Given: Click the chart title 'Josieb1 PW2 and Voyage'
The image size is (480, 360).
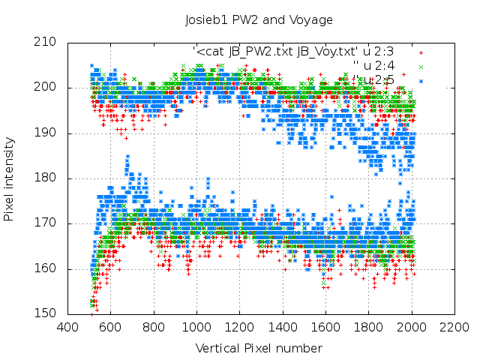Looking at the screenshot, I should (259, 19).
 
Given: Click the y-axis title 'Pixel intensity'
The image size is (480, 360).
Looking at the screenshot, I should (9, 179).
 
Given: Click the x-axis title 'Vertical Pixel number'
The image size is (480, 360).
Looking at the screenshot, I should (259, 349).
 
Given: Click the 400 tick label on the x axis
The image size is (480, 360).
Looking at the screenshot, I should (67, 327).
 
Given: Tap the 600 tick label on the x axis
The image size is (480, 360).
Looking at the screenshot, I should (110, 327).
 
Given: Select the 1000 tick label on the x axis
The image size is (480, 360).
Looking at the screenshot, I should (196, 327).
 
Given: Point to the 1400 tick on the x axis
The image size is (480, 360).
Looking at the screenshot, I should (283, 327).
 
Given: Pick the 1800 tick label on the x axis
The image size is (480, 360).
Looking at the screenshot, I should (369, 327).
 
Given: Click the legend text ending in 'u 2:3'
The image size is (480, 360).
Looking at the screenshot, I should (293, 52).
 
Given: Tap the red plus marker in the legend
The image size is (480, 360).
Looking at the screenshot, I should (421, 52).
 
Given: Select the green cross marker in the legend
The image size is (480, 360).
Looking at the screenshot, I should (421, 66).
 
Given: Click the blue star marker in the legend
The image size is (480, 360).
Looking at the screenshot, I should (421, 79).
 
